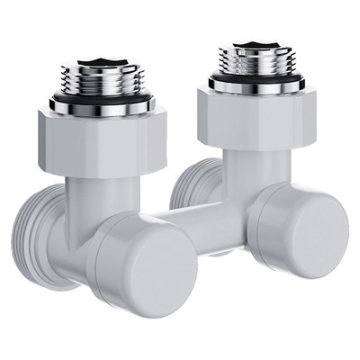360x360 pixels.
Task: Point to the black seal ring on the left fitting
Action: coord(99,100)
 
